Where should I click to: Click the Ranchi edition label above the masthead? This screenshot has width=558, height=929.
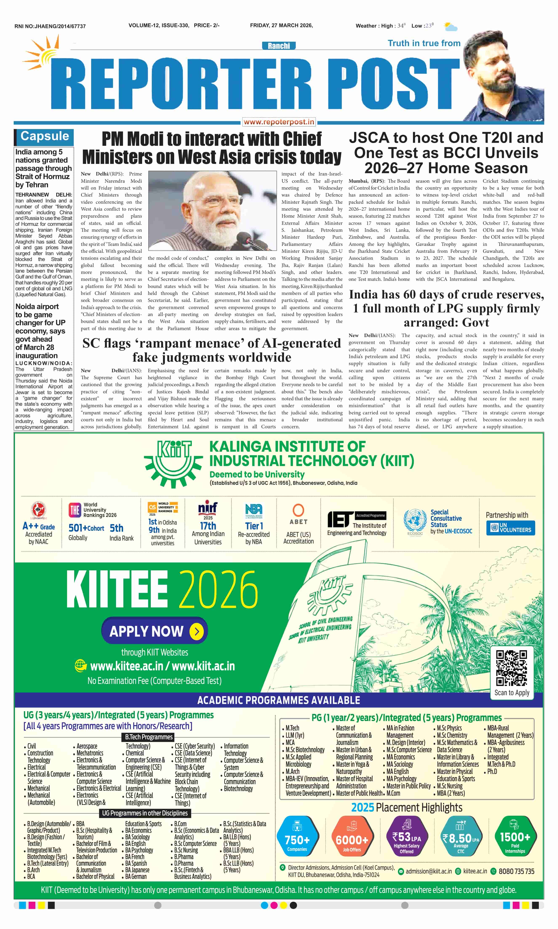(279, 46)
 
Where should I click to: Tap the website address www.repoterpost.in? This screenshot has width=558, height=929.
(279, 122)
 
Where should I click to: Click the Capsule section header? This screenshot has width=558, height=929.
(44, 136)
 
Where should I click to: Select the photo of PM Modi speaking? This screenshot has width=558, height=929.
(212, 211)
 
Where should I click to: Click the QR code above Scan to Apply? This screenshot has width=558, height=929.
(511, 668)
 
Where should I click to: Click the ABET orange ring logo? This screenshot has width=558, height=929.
(298, 510)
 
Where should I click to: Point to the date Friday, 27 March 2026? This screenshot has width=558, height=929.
(281, 25)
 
